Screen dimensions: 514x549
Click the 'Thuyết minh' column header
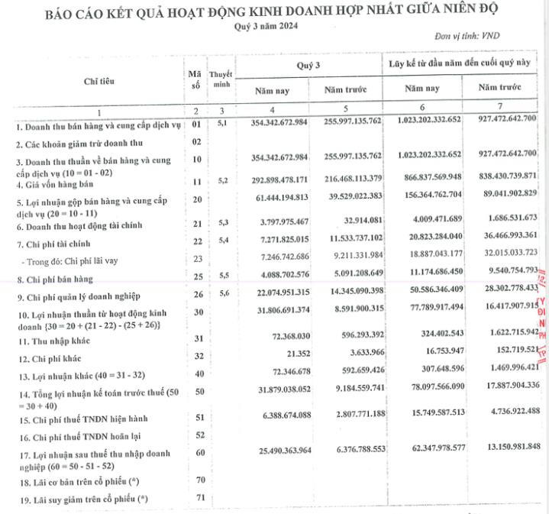pos(221,79)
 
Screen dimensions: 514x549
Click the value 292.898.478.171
pos(273,180)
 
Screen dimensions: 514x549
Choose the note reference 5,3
pos(222,221)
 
